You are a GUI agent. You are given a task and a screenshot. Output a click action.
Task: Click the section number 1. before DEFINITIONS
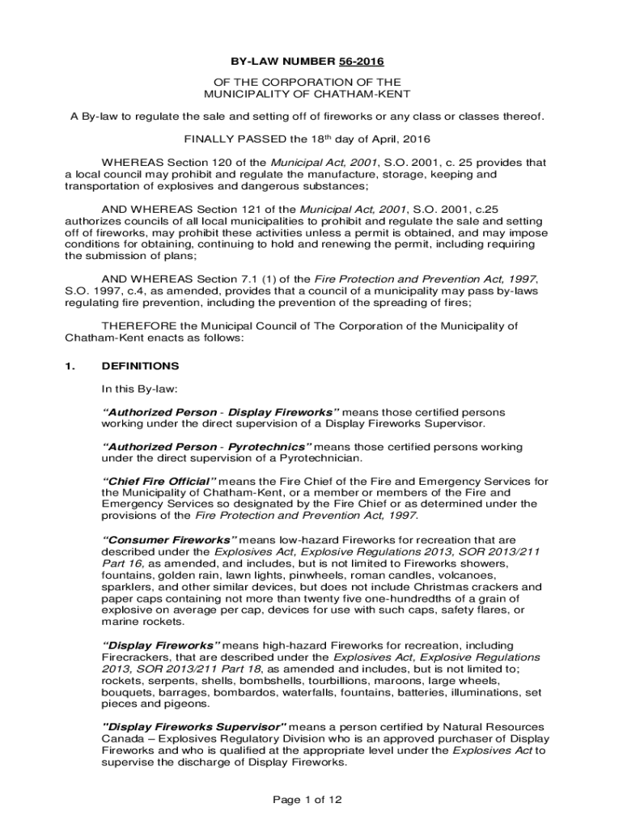[70, 366]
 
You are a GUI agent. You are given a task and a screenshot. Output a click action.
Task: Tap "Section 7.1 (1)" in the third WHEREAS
[247, 278]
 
